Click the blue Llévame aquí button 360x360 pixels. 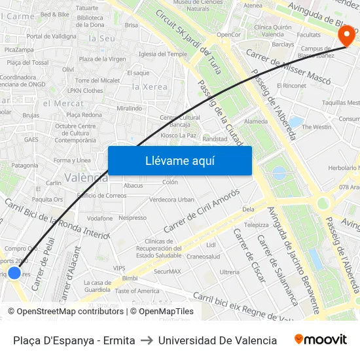tap(179, 160)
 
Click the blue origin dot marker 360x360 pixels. tap(14, 273)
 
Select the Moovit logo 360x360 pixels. tap(320, 340)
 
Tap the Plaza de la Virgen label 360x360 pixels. tap(103, 59)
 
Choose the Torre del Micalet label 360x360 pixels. tap(97, 80)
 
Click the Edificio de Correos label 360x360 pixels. tap(101, 195)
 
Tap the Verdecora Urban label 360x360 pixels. tap(171, 200)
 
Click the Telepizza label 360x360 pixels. tap(256, 225)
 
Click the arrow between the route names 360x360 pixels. tap(147, 340)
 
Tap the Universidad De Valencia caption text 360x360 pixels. tap(217, 340)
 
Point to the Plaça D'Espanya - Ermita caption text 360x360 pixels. tap(74, 340)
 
